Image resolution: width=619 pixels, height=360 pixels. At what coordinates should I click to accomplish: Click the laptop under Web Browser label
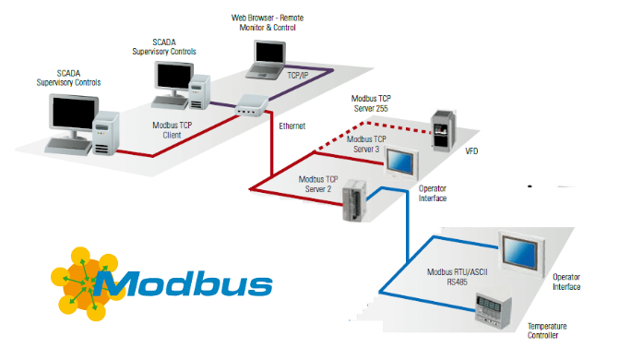(267, 59)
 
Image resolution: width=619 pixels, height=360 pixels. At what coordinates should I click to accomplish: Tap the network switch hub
(252, 106)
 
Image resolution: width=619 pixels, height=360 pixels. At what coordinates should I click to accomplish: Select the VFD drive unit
(444, 131)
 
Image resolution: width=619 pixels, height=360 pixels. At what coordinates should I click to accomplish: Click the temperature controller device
(494, 311)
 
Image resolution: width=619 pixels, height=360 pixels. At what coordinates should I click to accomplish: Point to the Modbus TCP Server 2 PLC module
(354, 200)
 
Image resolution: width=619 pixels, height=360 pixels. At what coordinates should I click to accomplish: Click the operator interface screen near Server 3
(401, 163)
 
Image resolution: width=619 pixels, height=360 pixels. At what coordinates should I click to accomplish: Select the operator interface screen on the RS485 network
(522, 253)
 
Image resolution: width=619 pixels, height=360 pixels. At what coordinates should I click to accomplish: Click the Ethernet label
(292, 126)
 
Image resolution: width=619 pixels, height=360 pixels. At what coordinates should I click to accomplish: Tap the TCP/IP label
(298, 76)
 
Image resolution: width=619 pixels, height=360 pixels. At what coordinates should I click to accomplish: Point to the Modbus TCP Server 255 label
(371, 103)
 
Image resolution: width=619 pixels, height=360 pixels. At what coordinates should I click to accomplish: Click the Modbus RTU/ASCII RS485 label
(458, 277)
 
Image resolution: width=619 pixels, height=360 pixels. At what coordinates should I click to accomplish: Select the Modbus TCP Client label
(173, 130)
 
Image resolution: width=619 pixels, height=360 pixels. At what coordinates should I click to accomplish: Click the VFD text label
(471, 151)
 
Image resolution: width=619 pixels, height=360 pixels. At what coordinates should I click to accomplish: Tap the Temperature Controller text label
(547, 330)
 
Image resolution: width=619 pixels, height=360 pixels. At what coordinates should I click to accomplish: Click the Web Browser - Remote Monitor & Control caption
(268, 22)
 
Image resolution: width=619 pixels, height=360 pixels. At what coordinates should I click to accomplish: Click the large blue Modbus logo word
(183, 283)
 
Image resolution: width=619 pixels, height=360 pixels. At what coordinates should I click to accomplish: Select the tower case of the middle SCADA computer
(199, 92)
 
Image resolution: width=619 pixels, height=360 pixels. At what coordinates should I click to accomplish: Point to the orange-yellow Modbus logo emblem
(85, 283)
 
